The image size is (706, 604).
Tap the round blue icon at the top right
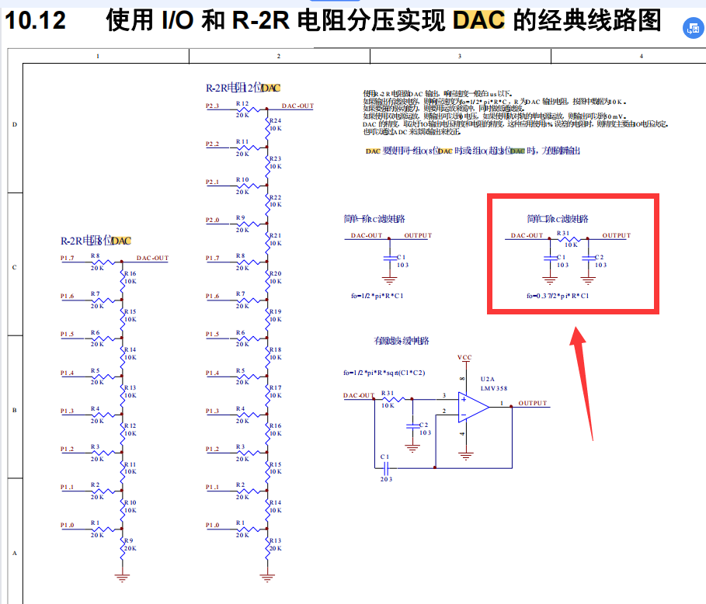pos(691,28)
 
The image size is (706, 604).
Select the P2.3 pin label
pos(213,105)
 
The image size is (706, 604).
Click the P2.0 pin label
pos(213,220)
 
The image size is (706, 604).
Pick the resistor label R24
pos(275,121)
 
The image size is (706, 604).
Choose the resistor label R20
pos(275,273)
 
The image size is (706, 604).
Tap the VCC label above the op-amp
pos(464,358)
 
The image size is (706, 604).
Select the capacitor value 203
pos(386,479)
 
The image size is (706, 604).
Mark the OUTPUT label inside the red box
pos(617,235)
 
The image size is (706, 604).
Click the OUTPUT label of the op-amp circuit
pos(533,404)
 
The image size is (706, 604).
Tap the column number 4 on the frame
pos(641,56)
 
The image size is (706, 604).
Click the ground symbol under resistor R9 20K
pos(121,576)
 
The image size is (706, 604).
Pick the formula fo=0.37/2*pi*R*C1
pos(558,296)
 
